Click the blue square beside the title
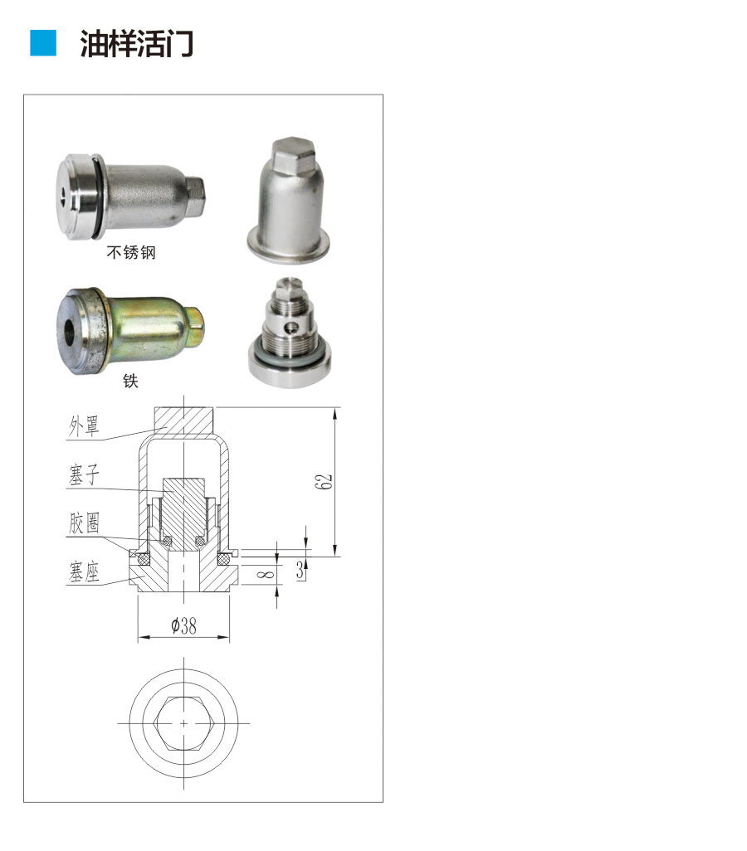click(43, 43)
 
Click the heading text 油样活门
click(136, 43)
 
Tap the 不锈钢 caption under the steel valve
click(131, 252)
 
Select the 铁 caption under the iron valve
click(130, 381)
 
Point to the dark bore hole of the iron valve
click(71, 332)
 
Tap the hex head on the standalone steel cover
click(292, 153)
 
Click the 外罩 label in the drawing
click(84, 426)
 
